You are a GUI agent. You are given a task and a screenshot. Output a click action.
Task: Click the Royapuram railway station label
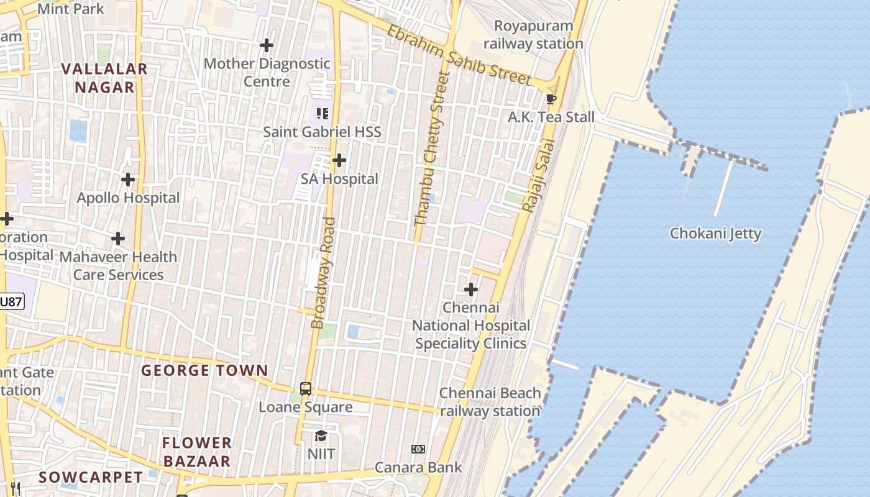533,35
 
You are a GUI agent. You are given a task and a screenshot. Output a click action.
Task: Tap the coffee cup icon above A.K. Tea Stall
551,99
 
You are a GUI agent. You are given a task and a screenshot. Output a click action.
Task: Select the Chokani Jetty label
715,234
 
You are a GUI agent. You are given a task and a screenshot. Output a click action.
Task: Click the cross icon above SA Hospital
339,161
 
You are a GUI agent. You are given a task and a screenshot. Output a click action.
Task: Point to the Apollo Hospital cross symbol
128,180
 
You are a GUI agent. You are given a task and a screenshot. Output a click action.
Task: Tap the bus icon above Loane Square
306,389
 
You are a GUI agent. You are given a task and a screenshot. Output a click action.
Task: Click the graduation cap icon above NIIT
321,436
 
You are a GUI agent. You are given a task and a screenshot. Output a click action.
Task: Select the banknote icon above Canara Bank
418,449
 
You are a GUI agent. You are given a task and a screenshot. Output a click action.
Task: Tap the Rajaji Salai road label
538,175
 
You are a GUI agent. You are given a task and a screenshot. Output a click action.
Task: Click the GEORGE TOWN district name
204,371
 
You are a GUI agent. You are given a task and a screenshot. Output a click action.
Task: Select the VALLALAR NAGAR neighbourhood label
104,78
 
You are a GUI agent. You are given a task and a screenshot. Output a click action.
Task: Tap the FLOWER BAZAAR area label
197,452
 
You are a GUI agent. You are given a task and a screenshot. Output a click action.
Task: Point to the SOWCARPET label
91,477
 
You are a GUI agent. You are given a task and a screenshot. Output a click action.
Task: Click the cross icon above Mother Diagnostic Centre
267,45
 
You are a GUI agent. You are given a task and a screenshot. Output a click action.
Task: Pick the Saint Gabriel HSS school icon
322,114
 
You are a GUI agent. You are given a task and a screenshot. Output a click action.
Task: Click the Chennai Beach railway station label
490,402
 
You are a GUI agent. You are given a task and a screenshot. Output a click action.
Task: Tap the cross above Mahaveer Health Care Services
118,239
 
